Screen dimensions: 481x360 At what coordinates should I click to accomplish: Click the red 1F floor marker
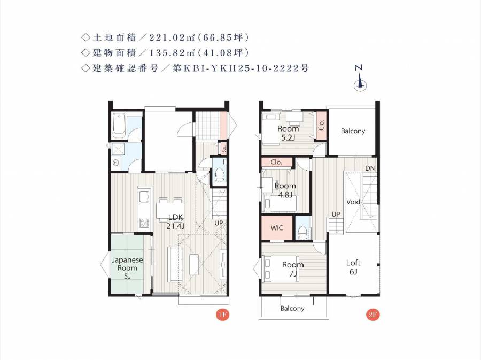222,315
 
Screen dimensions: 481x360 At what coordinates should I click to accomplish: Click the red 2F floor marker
373,315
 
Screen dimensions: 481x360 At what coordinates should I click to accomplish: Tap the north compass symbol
360,79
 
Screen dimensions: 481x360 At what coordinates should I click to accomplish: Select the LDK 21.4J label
175,221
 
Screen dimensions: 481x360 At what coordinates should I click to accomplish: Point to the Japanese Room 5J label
127,267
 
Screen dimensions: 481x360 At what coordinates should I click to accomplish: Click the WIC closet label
277,228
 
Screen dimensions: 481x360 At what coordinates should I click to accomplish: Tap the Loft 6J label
353,267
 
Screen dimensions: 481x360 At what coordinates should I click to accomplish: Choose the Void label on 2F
353,202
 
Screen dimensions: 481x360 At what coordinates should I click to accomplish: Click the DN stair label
370,168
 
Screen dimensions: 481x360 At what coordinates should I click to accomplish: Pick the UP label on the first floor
219,223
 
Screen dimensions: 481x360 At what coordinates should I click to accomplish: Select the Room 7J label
293,269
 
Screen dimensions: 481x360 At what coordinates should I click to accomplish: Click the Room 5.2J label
288,133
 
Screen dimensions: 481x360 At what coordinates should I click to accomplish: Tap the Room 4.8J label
285,190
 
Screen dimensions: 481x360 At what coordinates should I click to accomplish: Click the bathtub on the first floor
119,126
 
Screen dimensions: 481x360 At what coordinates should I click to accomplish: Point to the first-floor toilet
219,174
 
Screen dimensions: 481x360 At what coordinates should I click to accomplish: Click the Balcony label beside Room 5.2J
353,131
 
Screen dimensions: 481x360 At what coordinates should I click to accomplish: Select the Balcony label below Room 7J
292,308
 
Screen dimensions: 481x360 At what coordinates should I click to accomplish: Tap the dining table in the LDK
170,210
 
